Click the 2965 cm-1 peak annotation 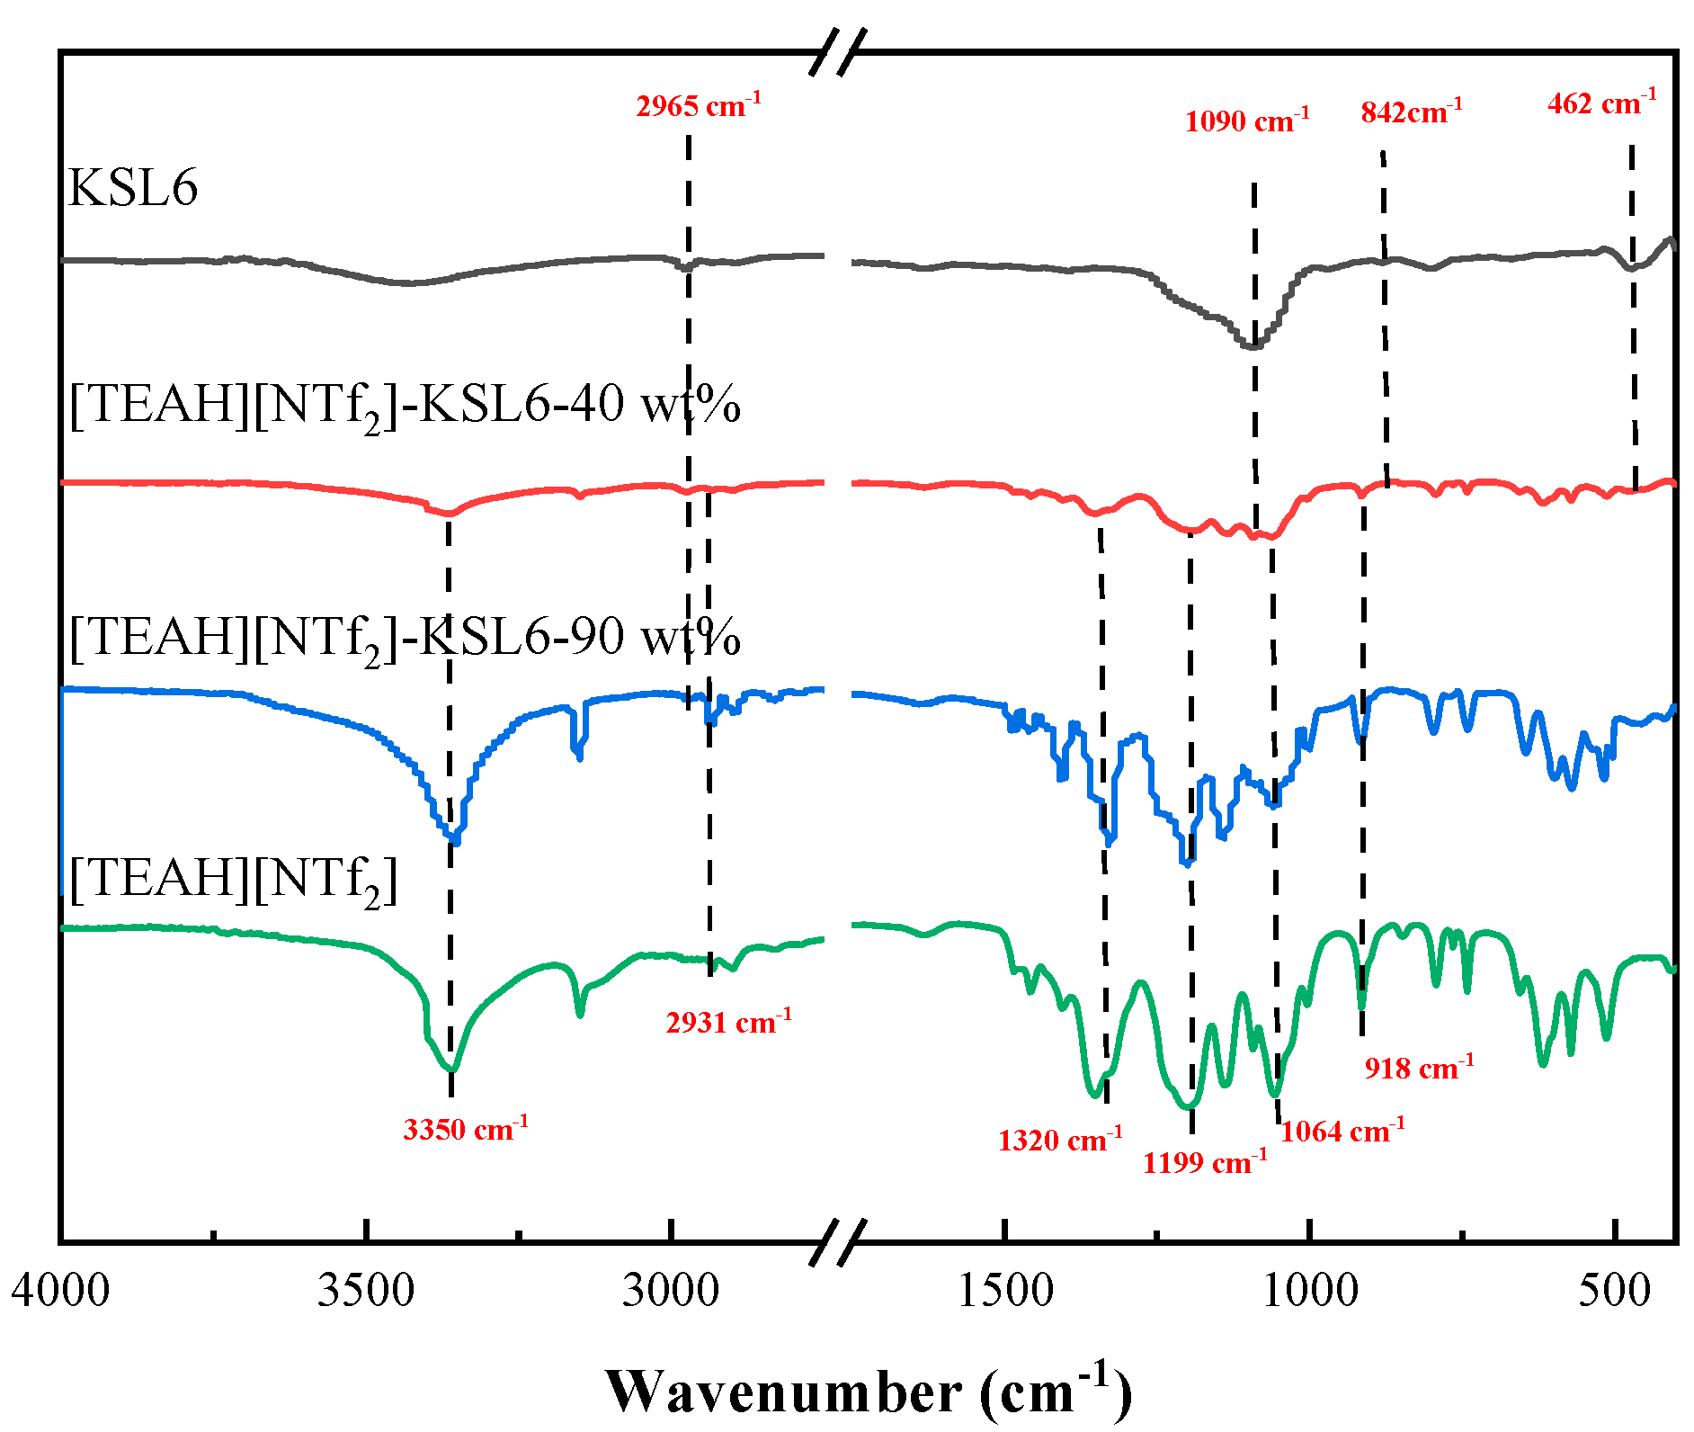pos(698,106)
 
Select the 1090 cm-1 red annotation pos(1246,121)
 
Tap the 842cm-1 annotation pos(1411,112)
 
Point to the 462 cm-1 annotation pos(1601,103)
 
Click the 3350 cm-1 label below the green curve pos(465,1128)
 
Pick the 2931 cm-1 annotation pos(728,1022)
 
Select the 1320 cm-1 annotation pos(1059,1140)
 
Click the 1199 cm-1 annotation pos(1204,1162)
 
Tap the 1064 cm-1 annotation pos(1342,1131)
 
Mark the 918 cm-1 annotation pos(1419,1068)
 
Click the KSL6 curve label pos(133,189)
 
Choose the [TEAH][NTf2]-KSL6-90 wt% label pos(405,638)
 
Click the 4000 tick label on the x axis pos(60,1290)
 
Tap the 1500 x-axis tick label pos(1005,1290)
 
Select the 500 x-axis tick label pos(1615,1290)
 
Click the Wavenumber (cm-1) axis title pos(868,1392)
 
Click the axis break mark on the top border pos(838,51)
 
